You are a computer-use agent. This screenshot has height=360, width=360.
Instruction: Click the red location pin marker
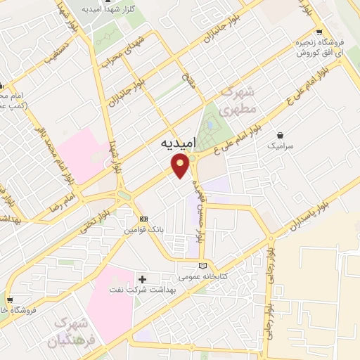click(x=181, y=166)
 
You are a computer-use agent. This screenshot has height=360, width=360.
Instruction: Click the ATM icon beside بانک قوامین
click(x=143, y=219)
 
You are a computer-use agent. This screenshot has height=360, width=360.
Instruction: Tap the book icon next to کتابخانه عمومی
click(x=203, y=266)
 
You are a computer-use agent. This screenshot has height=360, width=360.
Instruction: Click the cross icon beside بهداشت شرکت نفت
click(x=143, y=279)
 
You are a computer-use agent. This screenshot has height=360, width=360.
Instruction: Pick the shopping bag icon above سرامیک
click(x=281, y=134)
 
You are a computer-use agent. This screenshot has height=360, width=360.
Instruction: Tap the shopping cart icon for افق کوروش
click(x=320, y=32)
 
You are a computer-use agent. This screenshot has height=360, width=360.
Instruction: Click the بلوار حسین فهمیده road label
click(x=201, y=207)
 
